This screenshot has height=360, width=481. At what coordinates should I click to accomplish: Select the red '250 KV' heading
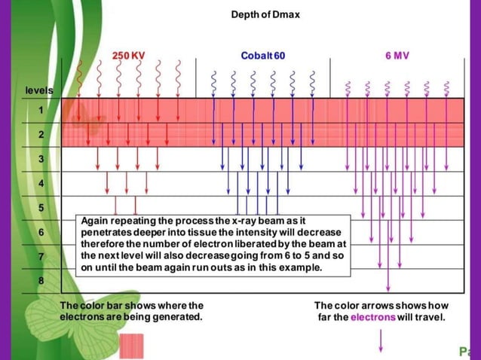(129, 55)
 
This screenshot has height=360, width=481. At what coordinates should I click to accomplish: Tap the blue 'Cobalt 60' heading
(262, 55)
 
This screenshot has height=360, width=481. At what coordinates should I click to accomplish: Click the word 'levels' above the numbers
(39, 90)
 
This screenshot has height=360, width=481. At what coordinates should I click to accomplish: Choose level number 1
(41, 111)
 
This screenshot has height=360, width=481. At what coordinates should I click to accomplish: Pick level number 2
(41, 134)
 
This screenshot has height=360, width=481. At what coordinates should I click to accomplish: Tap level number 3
(41, 159)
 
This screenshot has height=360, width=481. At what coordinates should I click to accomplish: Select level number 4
(41, 183)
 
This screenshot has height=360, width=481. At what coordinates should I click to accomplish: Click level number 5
(41, 207)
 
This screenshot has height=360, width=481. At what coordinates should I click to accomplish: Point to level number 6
(41, 231)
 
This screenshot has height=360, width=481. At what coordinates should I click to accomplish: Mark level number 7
(41, 256)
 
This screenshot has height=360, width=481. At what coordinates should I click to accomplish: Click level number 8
(41, 281)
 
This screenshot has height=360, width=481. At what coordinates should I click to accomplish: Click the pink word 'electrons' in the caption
(372, 317)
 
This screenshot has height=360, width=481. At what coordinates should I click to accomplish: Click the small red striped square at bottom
(131, 346)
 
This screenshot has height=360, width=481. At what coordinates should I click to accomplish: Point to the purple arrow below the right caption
(381, 340)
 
